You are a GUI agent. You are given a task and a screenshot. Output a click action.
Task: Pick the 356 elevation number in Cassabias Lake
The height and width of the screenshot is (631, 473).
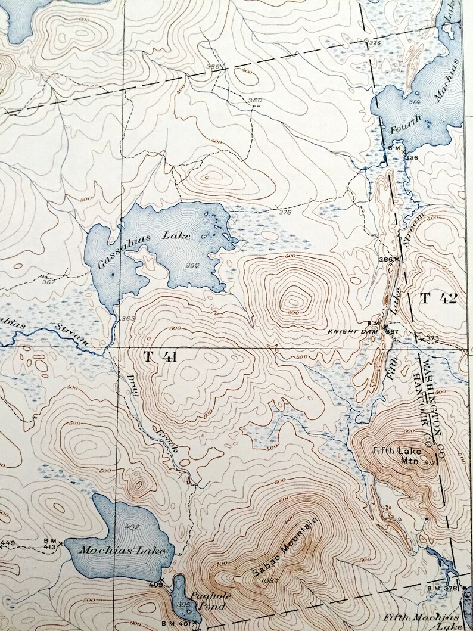[x=192, y=266]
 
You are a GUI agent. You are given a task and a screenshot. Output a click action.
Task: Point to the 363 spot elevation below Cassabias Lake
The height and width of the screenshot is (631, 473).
[x=127, y=319]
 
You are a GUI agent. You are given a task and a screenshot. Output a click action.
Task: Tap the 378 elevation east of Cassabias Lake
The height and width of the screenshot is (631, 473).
[x=284, y=211]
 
